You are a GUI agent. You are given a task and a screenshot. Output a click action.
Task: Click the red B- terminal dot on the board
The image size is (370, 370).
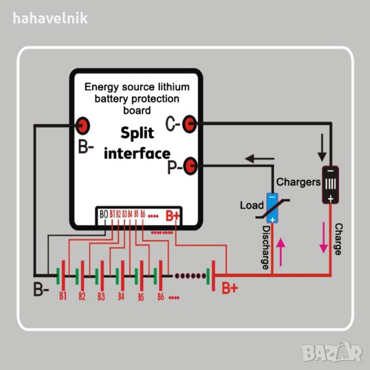tap(82, 126)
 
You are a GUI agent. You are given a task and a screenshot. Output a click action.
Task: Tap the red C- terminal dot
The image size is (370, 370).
tap(190, 125)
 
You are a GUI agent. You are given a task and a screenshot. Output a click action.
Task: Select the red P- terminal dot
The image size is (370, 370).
tap(191, 165)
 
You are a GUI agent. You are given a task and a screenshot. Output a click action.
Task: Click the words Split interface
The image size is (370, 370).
tap(138, 143)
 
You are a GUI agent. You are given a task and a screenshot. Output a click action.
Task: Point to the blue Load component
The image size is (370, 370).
tap(272, 208)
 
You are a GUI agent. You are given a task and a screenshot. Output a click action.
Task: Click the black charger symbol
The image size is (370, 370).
tap(330, 183)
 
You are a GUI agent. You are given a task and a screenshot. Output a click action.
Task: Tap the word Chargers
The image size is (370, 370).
tap(298, 182)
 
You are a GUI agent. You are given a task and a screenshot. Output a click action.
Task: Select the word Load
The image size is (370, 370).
tap(252, 205)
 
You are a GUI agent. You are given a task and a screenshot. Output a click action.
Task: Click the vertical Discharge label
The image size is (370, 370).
tap(266, 247)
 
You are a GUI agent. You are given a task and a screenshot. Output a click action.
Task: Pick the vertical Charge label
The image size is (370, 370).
tap(338, 239)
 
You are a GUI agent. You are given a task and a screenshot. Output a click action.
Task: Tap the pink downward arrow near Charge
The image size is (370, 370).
tap(323, 238)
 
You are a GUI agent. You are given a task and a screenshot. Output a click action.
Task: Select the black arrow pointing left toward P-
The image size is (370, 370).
tap(260, 159)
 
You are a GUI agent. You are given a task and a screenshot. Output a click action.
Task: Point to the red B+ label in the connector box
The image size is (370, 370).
tap(171, 216)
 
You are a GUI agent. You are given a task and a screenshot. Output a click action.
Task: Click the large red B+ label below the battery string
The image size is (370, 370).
tap(230, 288)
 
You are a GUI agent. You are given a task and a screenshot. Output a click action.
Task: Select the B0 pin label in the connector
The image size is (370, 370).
tap(103, 214)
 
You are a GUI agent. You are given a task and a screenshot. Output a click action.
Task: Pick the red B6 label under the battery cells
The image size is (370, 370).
tap(161, 296)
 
